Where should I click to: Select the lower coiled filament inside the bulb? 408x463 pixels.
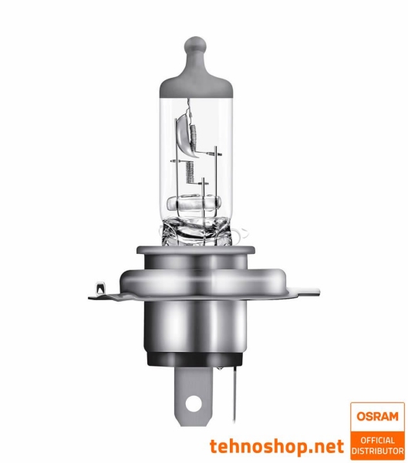(204, 189)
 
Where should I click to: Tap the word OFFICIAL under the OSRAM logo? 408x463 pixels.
(377, 440)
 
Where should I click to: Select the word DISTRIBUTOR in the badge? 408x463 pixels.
(377, 450)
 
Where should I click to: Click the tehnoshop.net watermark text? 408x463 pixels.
(277, 445)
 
